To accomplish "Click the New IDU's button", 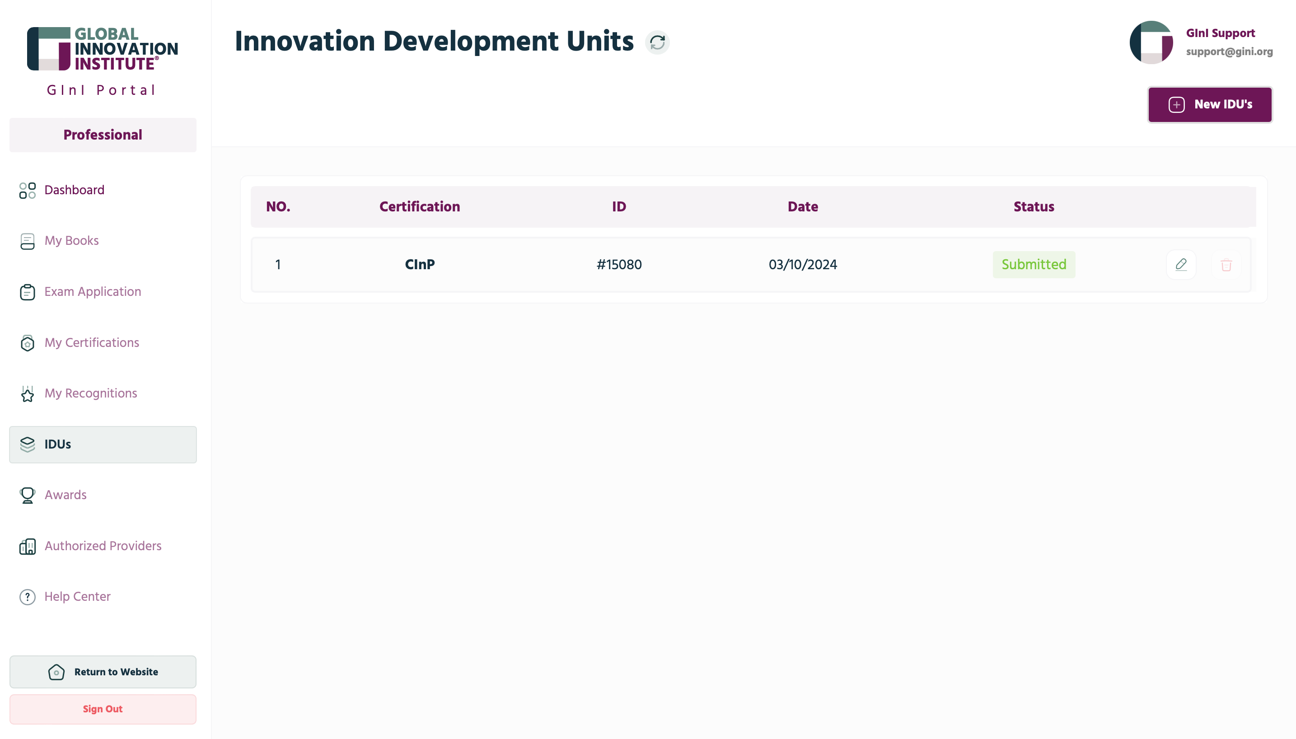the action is click(x=1210, y=104).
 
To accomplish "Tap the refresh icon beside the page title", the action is click(x=657, y=42).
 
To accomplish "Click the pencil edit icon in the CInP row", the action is click(x=1181, y=264).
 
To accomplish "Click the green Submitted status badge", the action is click(x=1034, y=264).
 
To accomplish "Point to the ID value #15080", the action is click(x=619, y=264).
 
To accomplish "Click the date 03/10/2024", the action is click(x=803, y=264).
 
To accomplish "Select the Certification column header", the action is click(x=420, y=206).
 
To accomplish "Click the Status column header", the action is click(x=1034, y=206).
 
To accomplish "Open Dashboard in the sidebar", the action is click(x=74, y=190).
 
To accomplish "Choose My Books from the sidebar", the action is click(x=71, y=241).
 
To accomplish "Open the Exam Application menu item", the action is click(x=92, y=291).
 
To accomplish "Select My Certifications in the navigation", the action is click(x=91, y=342).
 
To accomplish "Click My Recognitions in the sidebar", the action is click(x=90, y=393).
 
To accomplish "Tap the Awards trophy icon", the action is click(x=28, y=495).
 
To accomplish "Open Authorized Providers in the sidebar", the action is click(x=103, y=546).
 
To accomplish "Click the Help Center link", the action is click(x=77, y=596).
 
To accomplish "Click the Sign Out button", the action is click(x=103, y=709).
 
